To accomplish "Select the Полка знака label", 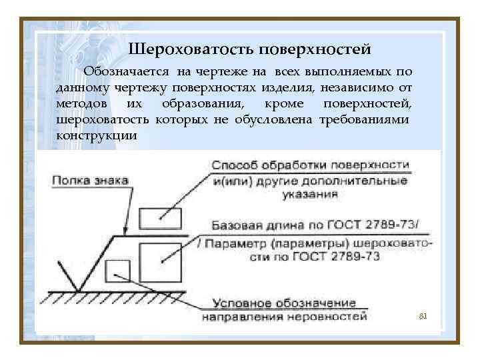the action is point(90,180).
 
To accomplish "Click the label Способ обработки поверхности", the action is point(311,165).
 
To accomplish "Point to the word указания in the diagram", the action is point(311,195).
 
